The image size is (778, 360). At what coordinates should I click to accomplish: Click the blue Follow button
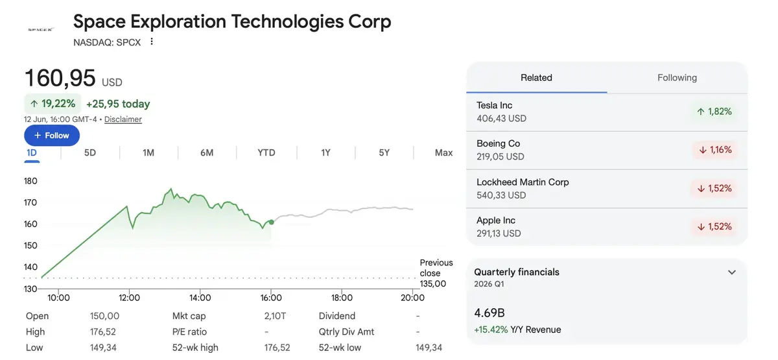[x=52, y=135]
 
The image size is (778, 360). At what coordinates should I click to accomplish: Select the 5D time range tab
[x=90, y=152]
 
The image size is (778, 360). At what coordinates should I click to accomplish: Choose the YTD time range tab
[x=266, y=152]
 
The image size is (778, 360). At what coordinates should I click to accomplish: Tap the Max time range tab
[x=443, y=152]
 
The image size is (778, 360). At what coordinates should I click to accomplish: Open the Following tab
[x=677, y=77]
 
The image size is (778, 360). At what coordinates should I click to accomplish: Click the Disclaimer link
[x=123, y=119]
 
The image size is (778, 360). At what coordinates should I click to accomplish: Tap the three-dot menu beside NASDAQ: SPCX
[x=152, y=42]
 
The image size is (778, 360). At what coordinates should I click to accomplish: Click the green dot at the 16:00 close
[x=271, y=222]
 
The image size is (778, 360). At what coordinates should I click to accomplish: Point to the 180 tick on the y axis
[x=30, y=181]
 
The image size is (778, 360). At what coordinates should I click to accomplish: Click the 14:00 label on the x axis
[x=200, y=298]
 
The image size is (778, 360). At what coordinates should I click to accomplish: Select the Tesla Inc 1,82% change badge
[x=714, y=112]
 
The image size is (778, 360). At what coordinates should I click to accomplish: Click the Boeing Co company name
[x=498, y=143]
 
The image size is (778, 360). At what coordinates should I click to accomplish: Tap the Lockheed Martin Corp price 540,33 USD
[x=501, y=195]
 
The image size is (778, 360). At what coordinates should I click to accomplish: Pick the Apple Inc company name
[x=495, y=221]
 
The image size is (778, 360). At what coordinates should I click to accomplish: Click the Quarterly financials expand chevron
[x=732, y=272]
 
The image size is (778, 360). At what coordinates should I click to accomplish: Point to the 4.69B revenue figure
[x=489, y=313]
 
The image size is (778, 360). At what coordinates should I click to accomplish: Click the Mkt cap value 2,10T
[x=275, y=316]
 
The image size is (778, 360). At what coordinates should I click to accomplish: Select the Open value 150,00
[x=104, y=316]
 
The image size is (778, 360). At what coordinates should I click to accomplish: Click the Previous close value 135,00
[x=433, y=284]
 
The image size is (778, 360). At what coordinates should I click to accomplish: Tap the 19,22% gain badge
[x=53, y=104]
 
